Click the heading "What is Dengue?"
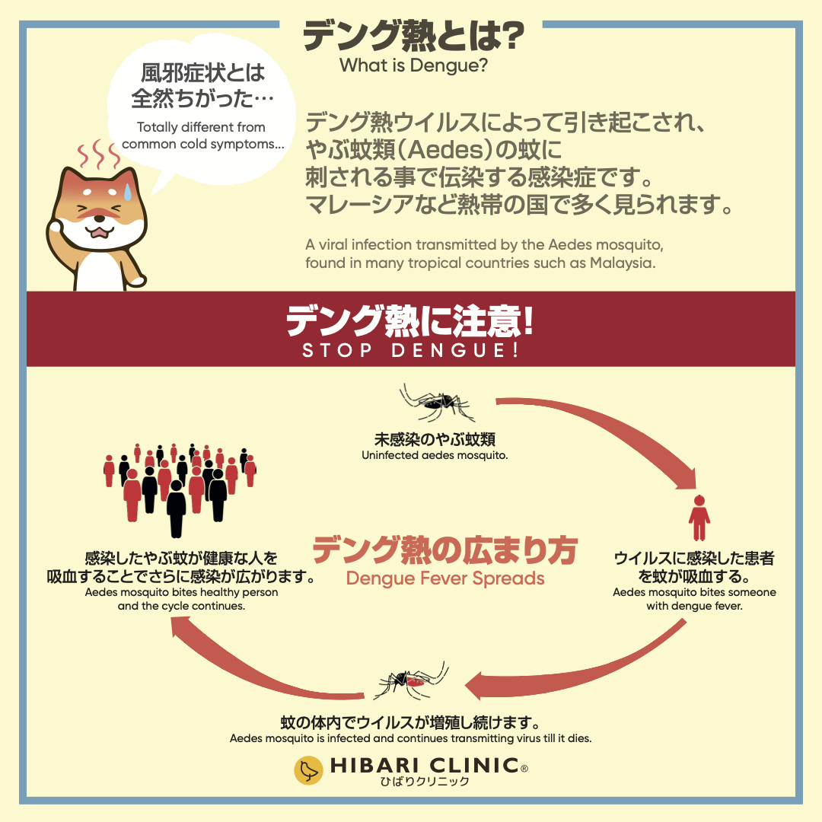(413, 65)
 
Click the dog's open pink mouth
(100, 231)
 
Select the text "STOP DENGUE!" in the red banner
(410, 351)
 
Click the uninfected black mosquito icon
(437, 403)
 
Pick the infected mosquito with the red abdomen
(411, 681)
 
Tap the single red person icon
(699, 518)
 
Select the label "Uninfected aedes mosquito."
(435, 456)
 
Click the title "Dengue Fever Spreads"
(445, 578)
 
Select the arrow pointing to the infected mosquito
(578, 662)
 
